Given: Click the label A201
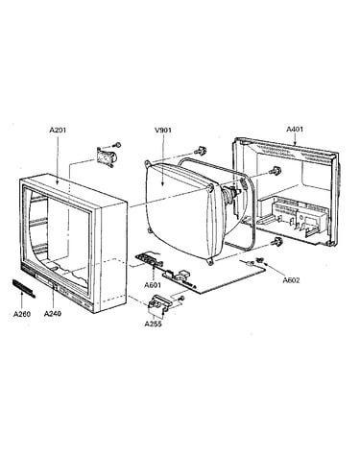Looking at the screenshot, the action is pos(58,131).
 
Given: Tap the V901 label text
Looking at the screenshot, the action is pos(163,130).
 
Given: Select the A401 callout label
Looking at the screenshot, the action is pos(295,129).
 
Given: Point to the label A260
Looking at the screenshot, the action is pos(22,314).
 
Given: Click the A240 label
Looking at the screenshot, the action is pos(53,313).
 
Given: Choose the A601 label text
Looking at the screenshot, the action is pos(153,285).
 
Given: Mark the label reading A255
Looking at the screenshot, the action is pos(153,324).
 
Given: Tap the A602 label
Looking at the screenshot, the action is pos(291,280).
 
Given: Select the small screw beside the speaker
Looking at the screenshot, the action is pos(117,145).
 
